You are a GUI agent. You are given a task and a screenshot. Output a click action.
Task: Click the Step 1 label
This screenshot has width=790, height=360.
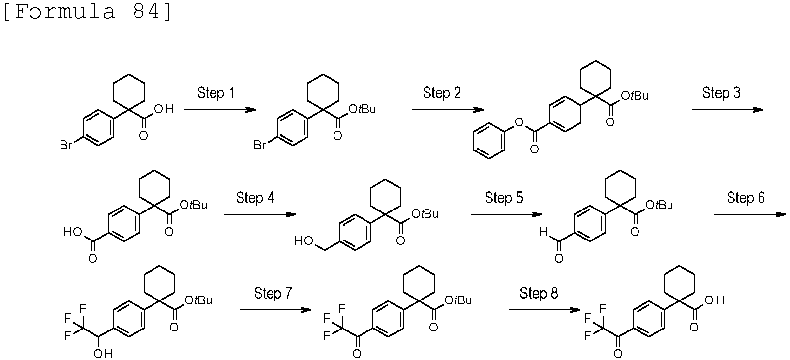215,93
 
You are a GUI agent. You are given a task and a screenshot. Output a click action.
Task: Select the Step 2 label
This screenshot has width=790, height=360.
442,93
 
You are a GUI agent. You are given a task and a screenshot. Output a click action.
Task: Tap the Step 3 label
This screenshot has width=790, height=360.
722,93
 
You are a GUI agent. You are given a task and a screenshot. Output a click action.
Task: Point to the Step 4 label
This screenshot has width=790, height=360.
255,198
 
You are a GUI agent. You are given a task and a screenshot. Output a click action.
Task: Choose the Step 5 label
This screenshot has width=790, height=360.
504,198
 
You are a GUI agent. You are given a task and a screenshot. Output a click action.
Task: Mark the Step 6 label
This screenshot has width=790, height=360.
746,198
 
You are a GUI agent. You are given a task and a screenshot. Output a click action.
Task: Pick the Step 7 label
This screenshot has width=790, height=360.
273,293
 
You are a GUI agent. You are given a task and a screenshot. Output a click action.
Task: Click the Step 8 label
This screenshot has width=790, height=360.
539,293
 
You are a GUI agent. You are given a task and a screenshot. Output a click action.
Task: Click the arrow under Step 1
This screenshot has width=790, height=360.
220,110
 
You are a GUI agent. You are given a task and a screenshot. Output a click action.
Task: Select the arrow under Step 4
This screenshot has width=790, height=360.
260,214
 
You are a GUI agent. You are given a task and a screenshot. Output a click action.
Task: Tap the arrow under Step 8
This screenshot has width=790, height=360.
545,310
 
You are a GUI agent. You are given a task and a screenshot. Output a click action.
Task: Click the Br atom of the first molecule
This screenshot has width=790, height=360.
66,145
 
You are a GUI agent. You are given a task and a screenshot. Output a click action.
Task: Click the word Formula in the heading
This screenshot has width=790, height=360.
65,12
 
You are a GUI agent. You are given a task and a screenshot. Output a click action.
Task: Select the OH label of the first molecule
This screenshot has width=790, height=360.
164,109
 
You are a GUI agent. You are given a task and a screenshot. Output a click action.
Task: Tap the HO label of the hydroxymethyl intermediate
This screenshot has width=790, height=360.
304,241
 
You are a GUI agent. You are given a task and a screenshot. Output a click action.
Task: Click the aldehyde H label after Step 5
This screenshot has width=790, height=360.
544,232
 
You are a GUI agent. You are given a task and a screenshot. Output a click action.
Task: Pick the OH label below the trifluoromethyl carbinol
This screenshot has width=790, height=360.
103,354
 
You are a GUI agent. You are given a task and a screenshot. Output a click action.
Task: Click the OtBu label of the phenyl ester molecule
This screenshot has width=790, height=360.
635,96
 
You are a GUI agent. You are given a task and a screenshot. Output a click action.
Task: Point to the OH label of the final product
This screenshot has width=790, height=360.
715,300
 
